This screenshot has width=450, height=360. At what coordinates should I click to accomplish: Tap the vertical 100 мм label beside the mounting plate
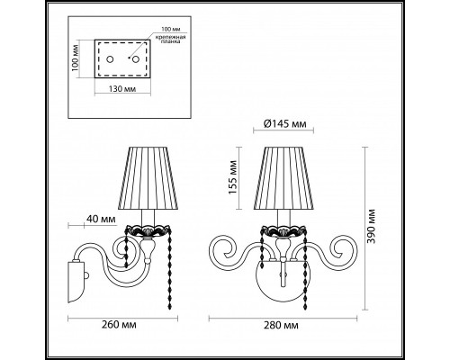tap(77, 59)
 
